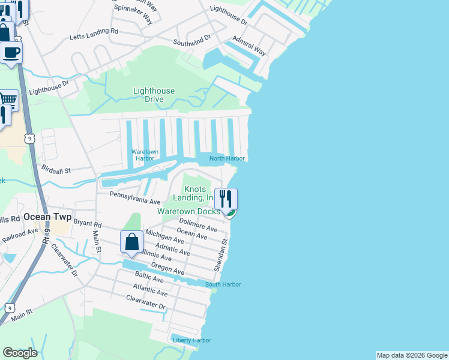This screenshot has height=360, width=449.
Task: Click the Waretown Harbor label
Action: [145, 155]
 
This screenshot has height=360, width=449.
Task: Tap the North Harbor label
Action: [227, 158]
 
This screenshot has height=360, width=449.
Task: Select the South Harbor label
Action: [223, 284]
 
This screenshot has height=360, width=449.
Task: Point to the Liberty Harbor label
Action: [192, 340]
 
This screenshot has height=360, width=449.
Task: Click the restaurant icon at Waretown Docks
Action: [226, 200]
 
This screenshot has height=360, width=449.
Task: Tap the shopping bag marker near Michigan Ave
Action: [132, 242]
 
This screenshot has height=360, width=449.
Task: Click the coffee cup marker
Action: [11, 53]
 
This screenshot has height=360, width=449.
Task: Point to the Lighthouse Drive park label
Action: [154, 95]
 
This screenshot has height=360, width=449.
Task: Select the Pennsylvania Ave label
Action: [134, 197]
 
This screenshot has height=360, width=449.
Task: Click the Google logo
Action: [20, 353]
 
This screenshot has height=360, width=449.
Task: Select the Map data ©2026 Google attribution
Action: [412, 355]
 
